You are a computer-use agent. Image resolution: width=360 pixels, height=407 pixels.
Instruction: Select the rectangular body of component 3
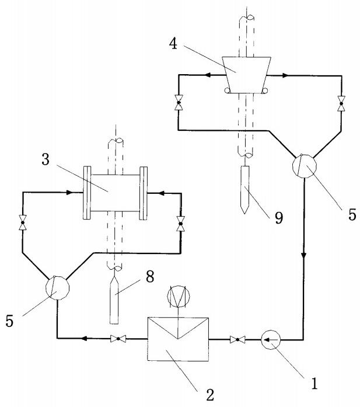tap(114, 192)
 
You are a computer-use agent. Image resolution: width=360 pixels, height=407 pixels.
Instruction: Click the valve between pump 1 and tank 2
tap(237, 339)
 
